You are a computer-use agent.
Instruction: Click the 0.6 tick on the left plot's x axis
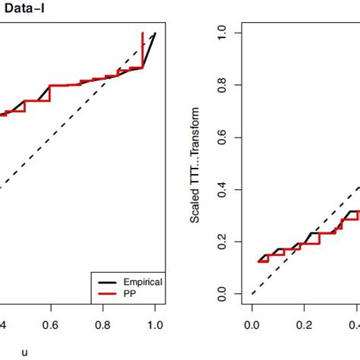click(51, 324)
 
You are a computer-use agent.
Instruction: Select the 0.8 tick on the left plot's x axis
click(103, 324)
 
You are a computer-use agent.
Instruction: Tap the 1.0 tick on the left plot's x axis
click(155, 324)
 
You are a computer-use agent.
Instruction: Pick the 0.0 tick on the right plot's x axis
click(251, 324)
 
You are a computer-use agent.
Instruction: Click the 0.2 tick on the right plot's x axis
click(304, 324)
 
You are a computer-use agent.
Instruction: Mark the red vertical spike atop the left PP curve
click(143, 46)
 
